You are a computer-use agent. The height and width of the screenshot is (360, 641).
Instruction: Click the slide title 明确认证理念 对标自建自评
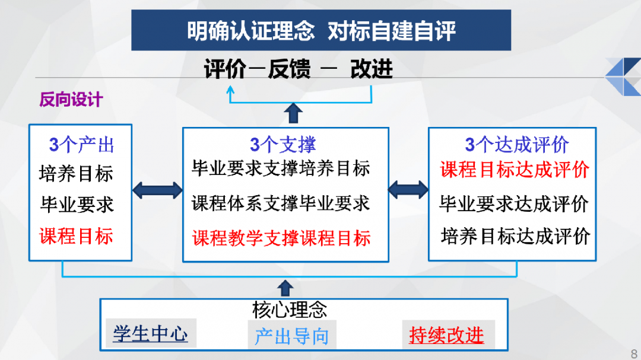coord(321,31)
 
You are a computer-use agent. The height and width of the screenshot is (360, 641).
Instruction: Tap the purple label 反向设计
coord(71,100)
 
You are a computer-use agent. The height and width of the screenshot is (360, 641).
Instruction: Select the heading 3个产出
coord(81,145)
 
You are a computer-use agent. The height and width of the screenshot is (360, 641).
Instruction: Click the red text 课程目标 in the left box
coord(76,236)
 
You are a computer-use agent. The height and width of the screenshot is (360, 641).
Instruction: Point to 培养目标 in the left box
coord(76,174)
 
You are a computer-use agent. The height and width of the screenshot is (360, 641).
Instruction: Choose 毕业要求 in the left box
coord(77,205)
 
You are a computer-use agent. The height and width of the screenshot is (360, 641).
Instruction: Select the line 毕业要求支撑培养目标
coord(281,168)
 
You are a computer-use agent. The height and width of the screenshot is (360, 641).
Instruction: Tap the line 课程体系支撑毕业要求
coord(281,203)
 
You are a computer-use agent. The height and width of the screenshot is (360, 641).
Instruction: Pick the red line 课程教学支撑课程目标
coord(281,238)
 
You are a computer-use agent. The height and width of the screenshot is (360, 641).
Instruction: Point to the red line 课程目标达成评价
coord(515,170)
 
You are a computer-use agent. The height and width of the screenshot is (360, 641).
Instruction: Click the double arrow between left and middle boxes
coord(157,190)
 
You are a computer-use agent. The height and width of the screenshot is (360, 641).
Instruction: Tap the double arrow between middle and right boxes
coord(408,190)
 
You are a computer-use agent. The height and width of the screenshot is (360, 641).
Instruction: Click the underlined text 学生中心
coord(150,334)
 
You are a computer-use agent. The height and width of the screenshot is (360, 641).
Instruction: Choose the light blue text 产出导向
coord(291,336)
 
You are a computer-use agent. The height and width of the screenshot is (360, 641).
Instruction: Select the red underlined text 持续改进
coord(446,335)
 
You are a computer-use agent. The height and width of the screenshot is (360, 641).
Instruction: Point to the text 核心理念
coord(289,309)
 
